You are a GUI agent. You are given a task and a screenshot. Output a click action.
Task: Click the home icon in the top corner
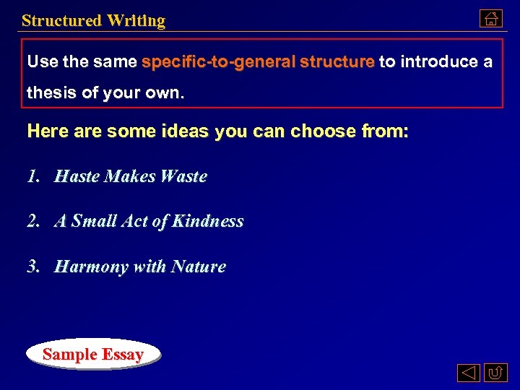tap(490, 19)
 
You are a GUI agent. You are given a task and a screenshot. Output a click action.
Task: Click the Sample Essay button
tap(92, 355)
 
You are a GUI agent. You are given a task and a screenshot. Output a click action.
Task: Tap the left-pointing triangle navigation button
tap(468, 373)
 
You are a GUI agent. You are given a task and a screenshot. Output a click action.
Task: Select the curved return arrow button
tap(495, 373)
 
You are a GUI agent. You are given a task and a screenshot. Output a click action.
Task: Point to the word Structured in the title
tap(61, 21)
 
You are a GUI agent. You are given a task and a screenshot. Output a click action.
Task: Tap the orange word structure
tap(337, 62)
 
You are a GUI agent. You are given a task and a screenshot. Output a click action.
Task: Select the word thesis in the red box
tap(51, 93)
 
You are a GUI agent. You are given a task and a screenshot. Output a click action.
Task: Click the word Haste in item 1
tap(77, 176)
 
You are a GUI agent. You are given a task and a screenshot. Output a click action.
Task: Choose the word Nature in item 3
tap(199, 267)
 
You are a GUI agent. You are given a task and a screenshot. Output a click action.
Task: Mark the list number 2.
tap(32, 222)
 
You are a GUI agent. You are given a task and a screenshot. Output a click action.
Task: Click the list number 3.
tap(32, 267)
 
